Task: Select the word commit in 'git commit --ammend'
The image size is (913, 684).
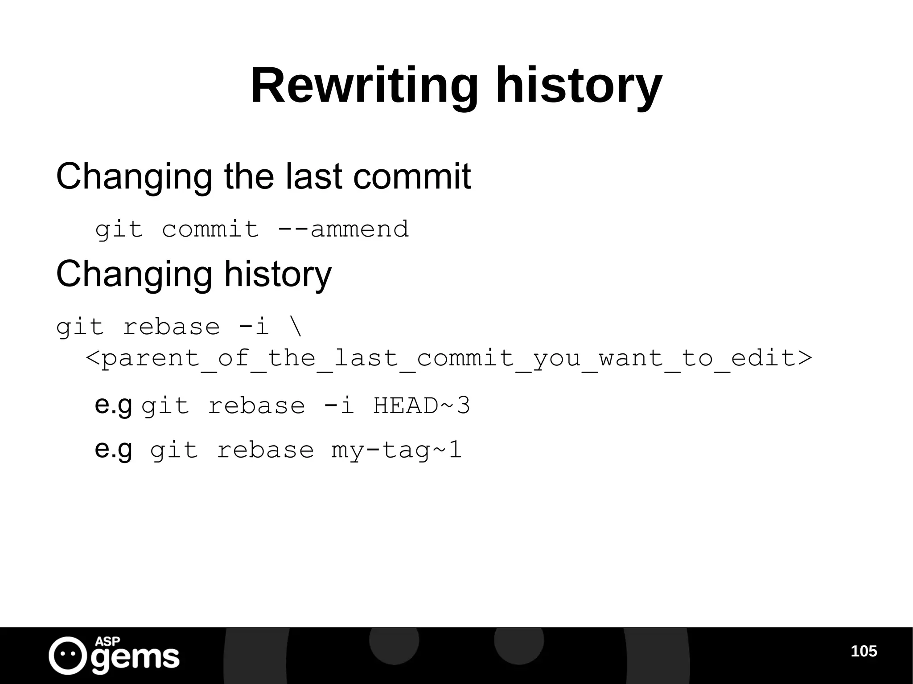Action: (210, 229)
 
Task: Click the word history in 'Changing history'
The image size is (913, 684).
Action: (278, 274)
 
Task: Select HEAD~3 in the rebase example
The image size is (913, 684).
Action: (421, 406)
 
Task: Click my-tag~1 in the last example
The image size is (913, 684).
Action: (396, 450)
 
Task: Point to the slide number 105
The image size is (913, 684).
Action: (864, 651)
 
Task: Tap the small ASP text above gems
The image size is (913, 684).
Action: (107, 641)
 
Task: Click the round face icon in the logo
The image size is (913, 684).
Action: (68, 655)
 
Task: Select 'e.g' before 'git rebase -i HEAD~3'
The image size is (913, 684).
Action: (113, 405)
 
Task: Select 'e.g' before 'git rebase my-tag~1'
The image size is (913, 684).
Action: (113, 450)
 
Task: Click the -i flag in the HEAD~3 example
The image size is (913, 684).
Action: (338, 406)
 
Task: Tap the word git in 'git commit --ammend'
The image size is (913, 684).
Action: (119, 230)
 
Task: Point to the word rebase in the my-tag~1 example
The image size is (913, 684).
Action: (265, 450)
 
